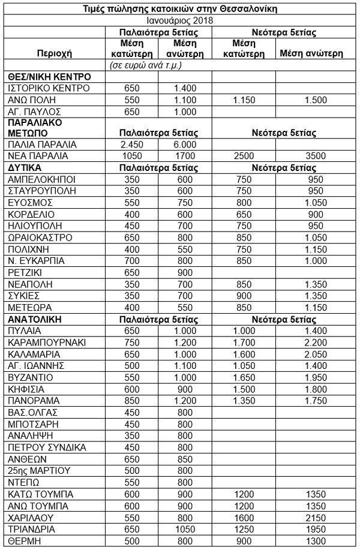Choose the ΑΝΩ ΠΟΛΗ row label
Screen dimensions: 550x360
click(x=33, y=100)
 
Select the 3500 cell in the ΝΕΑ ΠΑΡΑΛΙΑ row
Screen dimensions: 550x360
click(x=311, y=156)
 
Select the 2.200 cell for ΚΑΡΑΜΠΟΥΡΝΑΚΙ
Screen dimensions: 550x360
click(x=311, y=342)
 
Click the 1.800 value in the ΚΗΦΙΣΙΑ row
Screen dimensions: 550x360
click(x=311, y=389)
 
